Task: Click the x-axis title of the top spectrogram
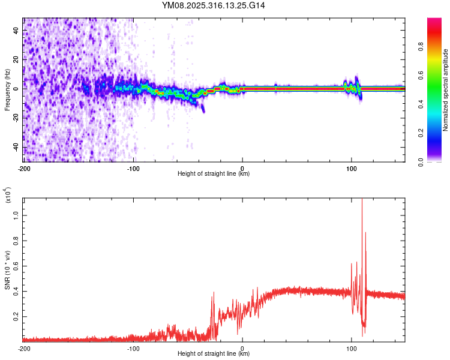(214, 174)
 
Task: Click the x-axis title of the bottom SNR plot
(214, 353)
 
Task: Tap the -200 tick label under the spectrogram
(24, 168)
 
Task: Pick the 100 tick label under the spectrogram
(351, 168)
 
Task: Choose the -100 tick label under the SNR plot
(133, 347)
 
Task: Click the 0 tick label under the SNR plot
(242, 347)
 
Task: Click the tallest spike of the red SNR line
(362, 202)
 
